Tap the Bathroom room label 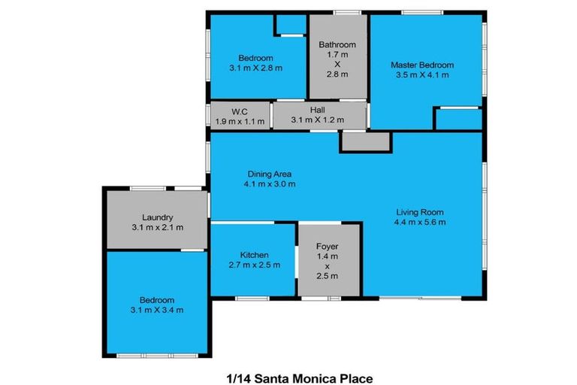coord(337,45)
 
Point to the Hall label coord(317,110)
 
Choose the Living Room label coord(419,212)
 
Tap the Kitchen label coord(254,255)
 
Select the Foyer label coord(327,246)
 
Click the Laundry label coord(157,217)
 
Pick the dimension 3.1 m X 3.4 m coord(157,310)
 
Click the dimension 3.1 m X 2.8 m coord(255,68)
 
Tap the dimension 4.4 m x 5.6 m coord(419,222)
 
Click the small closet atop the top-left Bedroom coord(288,25)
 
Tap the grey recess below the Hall coord(365,141)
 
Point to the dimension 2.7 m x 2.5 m coord(254,265)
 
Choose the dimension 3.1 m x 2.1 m coord(157,227)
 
